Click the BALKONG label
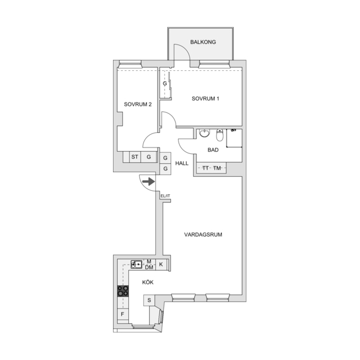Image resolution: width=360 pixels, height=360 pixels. pos(203,42)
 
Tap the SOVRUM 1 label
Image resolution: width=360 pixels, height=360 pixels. pos(205,99)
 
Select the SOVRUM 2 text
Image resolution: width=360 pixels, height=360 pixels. pos(138,104)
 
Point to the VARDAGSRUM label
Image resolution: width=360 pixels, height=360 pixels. pos(203,235)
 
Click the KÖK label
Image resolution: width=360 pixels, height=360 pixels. pos(148,282)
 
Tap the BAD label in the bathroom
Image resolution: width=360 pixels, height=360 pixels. pos(213,150)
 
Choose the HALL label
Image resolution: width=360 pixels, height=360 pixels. pos(182,163)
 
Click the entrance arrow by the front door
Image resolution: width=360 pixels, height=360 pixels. pos(149,181)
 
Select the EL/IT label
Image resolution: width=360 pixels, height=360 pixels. pos(165,196)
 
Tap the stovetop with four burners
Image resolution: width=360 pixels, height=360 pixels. pos(123,291)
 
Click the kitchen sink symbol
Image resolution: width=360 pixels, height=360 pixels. pos(136,265)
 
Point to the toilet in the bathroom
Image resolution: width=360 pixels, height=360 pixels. pos(220,135)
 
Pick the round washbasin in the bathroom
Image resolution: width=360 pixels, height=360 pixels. pos(204,133)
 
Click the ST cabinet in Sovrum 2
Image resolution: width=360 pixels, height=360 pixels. pos(135,157)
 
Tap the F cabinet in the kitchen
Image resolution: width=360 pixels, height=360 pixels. pos(122,314)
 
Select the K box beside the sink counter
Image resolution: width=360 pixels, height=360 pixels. pos(161,265)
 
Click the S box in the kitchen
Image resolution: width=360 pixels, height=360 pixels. pos(149,300)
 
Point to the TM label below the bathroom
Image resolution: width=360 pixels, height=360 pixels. pos(217,168)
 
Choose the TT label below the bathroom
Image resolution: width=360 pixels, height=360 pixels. pos(205,168)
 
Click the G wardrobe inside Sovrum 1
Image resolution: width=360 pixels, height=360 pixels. pos(165,84)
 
